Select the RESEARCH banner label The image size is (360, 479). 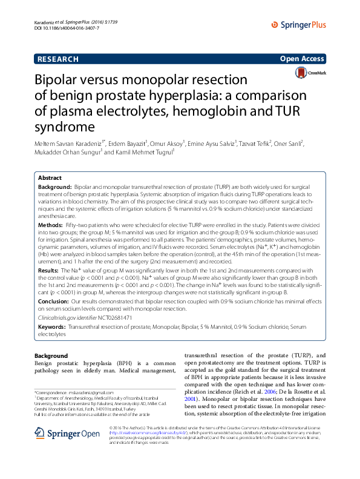[58, 59]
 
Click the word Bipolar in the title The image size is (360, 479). [59, 80]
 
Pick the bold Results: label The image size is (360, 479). [50, 270]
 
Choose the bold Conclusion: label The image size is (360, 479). [54, 300]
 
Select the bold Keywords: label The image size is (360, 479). [53, 326]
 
